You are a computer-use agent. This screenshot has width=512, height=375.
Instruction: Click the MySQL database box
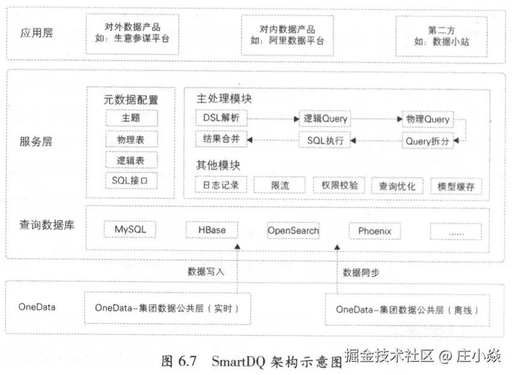tap(130, 230)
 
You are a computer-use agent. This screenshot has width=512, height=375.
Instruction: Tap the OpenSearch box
tap(293, 230)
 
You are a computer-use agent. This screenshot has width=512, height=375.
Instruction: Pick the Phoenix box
tap(374, 231)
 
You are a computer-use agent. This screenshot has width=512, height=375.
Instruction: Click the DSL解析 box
tap(221, 118)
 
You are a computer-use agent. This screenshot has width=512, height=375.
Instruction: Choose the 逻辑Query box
tap(325, 119)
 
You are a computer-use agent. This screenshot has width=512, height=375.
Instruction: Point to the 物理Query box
tap(427, 119)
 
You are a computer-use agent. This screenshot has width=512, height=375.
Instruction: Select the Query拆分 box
tap(427, 141)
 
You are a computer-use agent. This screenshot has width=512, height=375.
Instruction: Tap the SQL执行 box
tap(325, 141)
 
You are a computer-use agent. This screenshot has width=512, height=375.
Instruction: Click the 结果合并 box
tap(221, 139)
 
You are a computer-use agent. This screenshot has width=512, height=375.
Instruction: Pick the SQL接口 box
tap(130, 179)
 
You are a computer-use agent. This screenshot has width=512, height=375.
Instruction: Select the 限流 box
tap(279, 186)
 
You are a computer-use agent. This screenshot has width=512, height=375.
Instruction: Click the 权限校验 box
tap(340, 185)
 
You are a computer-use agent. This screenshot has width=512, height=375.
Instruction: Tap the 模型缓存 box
tap(456, 186)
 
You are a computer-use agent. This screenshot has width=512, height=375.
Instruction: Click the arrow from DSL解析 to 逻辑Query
tap(273, 119)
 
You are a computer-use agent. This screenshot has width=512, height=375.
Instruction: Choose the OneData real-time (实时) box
tap(167, 308)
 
